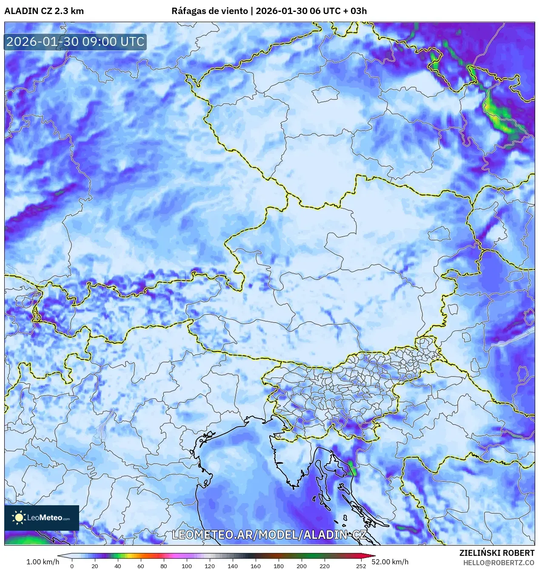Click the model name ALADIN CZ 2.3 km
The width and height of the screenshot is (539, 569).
click(44, 11)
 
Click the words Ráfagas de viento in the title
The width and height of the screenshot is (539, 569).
click(209, 11)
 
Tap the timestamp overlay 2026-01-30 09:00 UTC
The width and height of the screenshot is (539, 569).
click(75, 42)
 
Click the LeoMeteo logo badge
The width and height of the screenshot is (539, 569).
click(42, 518)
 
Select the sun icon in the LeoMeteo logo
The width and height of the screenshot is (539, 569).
click(19, 518)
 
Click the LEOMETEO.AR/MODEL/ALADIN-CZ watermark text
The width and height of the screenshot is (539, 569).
click(269, 535)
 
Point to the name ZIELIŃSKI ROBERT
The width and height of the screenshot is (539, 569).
click(496, 553)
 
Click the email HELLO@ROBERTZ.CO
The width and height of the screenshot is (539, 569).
click(498, 563)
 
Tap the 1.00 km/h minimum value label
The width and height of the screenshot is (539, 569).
click(43, 562)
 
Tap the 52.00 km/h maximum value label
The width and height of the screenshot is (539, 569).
click(390, 562)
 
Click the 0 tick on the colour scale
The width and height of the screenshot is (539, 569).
click(72, 566)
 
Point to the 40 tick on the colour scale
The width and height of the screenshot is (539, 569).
click(118, 566)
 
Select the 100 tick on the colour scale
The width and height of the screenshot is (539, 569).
click(187, 566)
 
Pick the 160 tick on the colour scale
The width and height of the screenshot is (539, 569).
click(256, 566)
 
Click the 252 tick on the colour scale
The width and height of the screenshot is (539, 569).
click(361, 566)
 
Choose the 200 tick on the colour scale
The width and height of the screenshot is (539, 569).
click(302, 566)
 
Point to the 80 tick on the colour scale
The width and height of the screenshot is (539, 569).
click(164, 566)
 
